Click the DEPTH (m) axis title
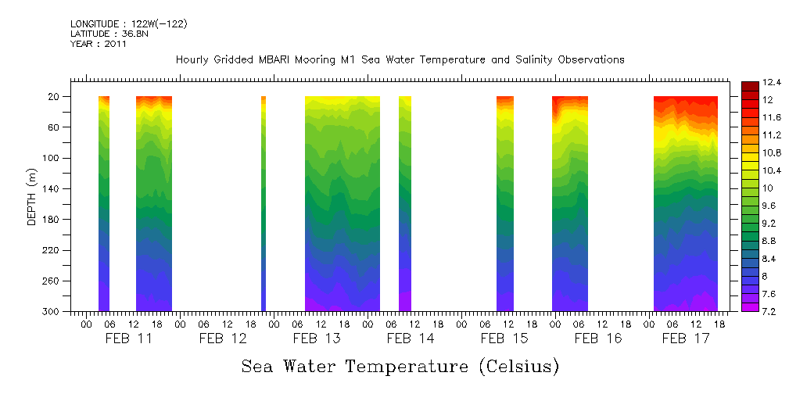click(x=32, y=195)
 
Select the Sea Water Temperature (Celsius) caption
click(x=400, y=366)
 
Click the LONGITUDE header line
click(x=129, y=24)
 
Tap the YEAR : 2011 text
click(x=99, y=44)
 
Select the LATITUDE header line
click(x=109, y=34)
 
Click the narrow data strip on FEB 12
click(x=263, y=203)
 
